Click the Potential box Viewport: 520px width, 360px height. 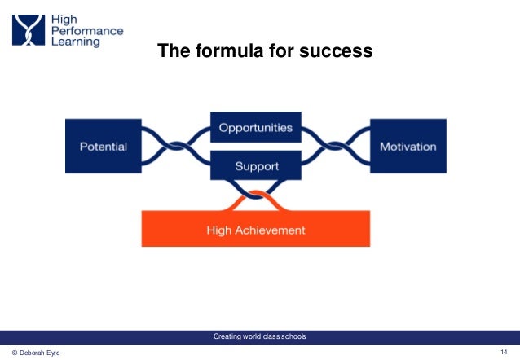103,147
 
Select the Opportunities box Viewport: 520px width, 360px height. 257,128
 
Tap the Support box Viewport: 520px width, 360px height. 257,166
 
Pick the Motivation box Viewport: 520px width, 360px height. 408,147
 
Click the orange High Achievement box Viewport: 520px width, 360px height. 256,230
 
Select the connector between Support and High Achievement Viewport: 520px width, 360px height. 256,198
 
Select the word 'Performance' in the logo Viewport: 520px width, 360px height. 87,30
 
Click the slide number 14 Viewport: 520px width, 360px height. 504,352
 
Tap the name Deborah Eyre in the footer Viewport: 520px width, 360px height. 37,353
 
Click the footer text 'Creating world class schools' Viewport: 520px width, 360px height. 259,336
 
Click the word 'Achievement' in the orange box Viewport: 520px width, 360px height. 275,230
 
